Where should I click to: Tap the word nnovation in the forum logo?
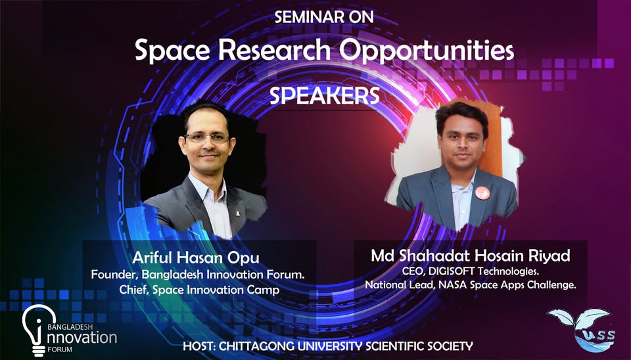pos(82,336)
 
